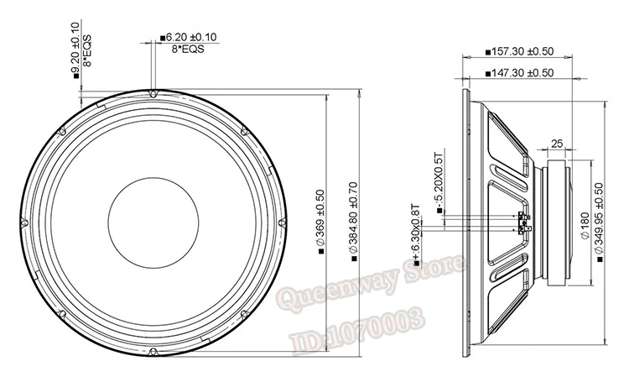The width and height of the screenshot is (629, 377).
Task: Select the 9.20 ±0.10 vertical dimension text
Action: (75, 50)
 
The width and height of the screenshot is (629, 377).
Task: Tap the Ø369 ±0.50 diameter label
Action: (320, 222)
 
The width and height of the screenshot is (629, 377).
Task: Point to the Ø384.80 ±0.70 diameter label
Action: (353, 222)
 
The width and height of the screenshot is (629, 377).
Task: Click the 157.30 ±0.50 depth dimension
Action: (519, 52)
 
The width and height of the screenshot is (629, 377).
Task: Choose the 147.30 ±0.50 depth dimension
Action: (519, 73)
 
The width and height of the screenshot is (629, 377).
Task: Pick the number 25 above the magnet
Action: (557, 144)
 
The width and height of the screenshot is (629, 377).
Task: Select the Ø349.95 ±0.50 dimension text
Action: (599, 223)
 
